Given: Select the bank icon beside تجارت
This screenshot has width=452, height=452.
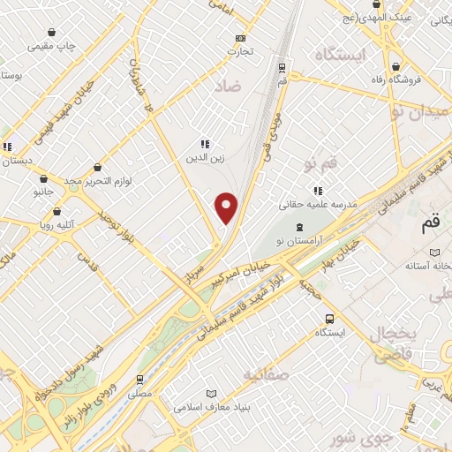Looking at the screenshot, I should coord(241,38).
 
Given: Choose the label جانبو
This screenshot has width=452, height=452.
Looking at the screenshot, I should coord(43,191).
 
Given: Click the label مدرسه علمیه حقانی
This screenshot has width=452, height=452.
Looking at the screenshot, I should coord(318,204).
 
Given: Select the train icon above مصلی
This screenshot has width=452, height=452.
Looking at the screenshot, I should coord(140,378).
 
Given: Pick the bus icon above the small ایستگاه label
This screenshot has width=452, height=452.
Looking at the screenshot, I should coord(328,319).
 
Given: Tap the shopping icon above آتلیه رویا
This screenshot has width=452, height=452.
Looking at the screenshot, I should coord(57,213).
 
